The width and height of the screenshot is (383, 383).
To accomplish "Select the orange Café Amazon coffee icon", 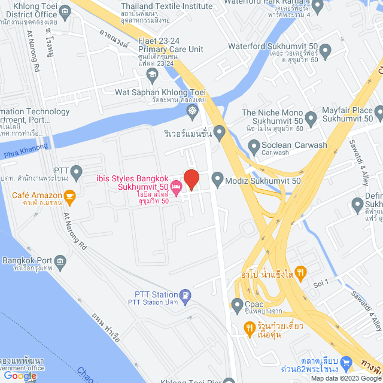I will pos(70,196).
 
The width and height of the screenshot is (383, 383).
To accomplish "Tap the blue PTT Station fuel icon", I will pos(186,294).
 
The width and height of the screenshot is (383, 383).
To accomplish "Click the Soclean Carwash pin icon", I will pos(254,145).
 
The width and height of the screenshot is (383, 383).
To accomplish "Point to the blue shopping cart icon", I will pos(346,362).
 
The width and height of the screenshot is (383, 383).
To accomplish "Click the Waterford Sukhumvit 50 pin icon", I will pos(326,50).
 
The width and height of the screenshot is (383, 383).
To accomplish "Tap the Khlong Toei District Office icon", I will pos(65,10).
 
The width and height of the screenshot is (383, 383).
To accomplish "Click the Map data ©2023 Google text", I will pos(345,378).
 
